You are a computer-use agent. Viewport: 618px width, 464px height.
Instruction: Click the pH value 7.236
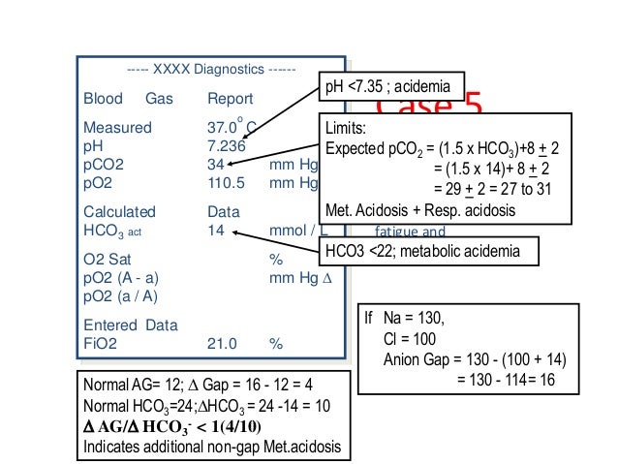[x=227, y=146]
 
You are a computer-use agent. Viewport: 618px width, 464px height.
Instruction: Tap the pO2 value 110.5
[x=228, y=181]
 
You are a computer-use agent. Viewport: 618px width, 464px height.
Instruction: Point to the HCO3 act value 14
[x=216, y=231]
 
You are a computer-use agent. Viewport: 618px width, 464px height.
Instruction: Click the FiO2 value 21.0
[x=223, y=343]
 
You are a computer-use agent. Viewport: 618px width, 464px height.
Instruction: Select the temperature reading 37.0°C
[x=231, y=128]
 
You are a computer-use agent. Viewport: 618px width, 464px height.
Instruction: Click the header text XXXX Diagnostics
[x=211, y=71]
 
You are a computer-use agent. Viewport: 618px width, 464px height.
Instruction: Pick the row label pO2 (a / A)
[x=120, y=294]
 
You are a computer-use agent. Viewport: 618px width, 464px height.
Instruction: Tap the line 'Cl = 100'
[x=410, y=339]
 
